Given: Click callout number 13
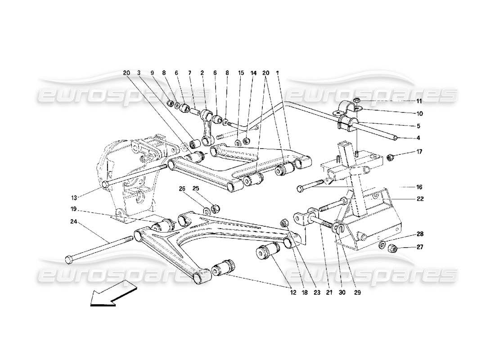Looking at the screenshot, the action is pos(74,197).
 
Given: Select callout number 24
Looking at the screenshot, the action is pos(73,221).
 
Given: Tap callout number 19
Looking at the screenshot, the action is pos(73,209).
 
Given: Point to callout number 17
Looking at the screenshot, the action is pos(419,152).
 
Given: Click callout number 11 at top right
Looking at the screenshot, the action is pos(419,101).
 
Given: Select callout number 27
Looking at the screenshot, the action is pos(419,247).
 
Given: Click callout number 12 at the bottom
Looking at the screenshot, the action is pos(292,292).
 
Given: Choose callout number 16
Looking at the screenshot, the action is pos(419,186).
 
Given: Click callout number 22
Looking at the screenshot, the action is pos(419,198).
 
